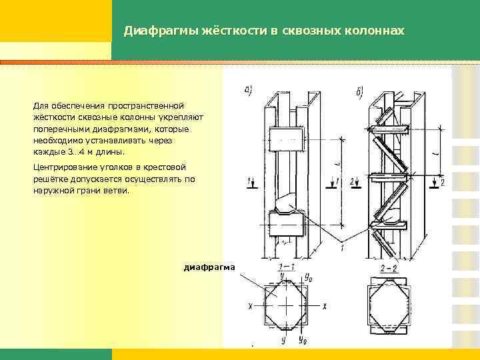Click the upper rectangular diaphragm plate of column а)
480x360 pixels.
(286, 139)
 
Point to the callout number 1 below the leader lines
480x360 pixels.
(341, 248)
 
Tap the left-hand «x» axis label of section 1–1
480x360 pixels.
(250, 306)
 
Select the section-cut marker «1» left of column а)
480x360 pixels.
(249, 181)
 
